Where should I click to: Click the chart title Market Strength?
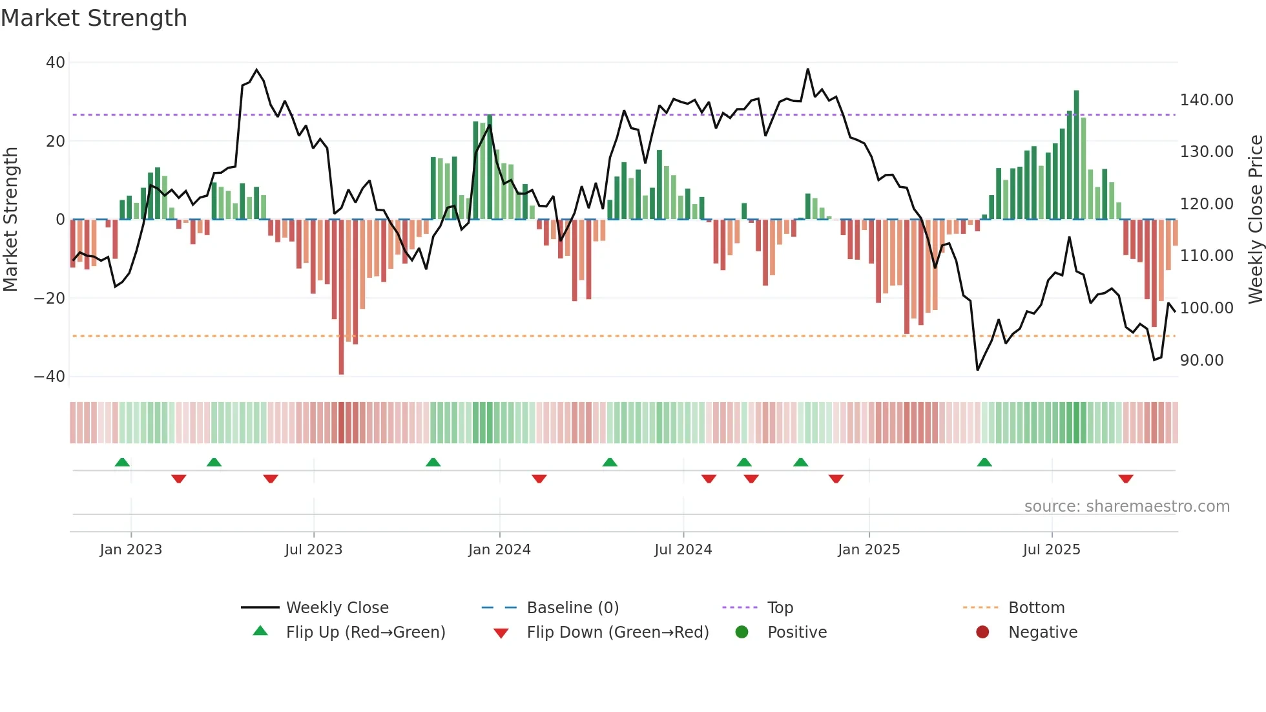click(94, 18)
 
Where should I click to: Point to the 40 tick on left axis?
click(56, 63)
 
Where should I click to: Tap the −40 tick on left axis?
click(50, 377)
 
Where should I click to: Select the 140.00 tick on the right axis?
click(1206, 100)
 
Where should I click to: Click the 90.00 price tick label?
click(1201, 361)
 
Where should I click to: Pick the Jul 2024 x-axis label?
click(683, 550)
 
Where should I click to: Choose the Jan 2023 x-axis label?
click(130, 550)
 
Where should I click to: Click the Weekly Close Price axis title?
click(1255, 220)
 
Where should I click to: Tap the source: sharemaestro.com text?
click(1126, 507)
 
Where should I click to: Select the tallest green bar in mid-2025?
click(1076, 155)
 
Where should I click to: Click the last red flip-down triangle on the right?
click(1126, 479)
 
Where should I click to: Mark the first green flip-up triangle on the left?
click(122, 462)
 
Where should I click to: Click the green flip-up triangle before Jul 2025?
click(984, 462)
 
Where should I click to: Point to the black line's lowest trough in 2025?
click(977, 370)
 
